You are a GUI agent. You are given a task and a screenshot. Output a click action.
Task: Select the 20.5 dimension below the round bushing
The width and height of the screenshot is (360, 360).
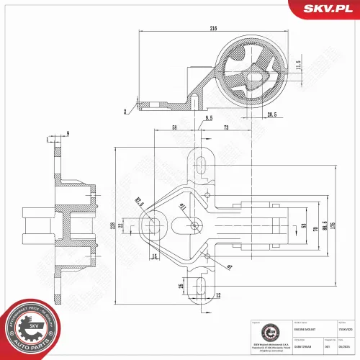pyautogui.click(x=271, y=114)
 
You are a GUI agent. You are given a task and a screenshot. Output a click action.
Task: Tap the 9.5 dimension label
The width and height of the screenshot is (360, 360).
pyautogui.click(x=209, y=117)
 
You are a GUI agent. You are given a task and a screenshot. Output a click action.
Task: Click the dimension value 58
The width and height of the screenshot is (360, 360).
pyautogui.click(x=175, y=127)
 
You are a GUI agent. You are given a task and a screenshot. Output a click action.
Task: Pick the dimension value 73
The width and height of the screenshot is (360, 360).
pyautogui.click(x=226, y=127)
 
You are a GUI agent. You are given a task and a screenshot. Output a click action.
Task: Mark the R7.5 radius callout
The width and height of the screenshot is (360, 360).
pyautogui.click(x=139, y=204)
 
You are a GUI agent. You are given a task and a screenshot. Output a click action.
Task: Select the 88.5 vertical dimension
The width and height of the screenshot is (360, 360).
pyautogui.click(x=325, y=226)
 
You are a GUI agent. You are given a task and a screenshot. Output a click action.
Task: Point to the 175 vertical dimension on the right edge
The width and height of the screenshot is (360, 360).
pyautogui.click(x=334, y=226)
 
